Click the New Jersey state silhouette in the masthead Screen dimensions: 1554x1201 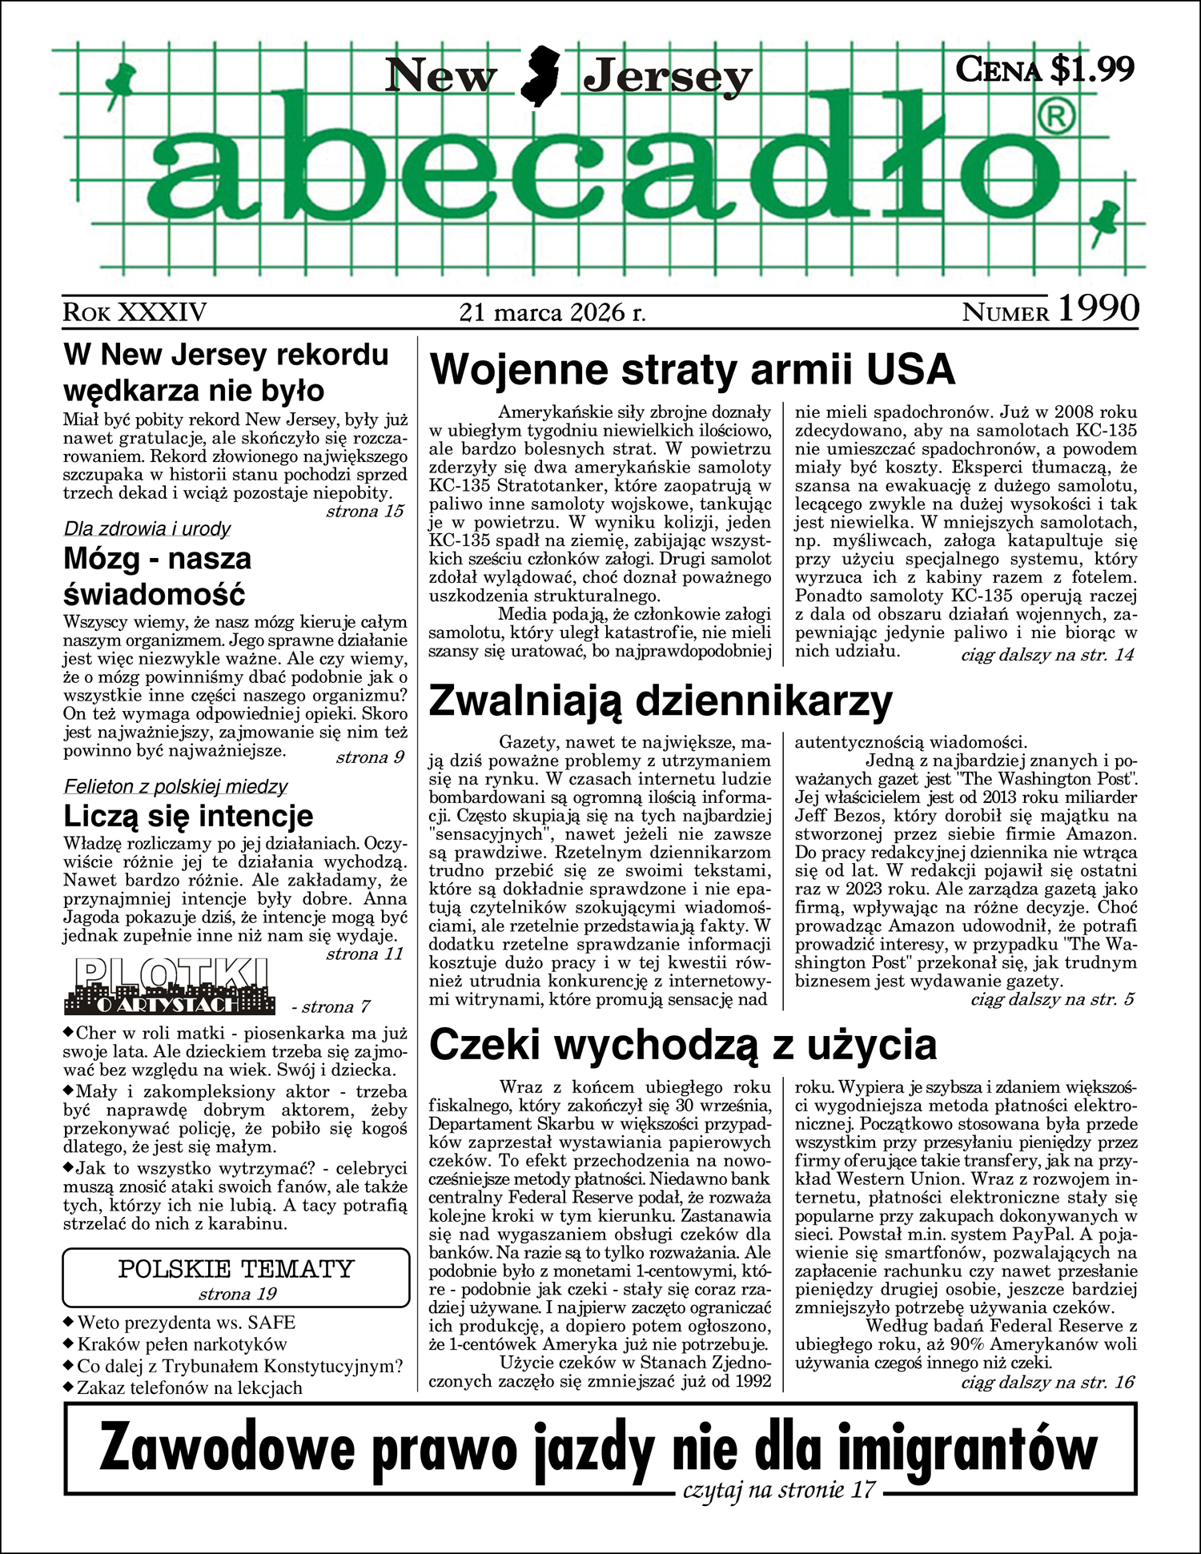point(540,76)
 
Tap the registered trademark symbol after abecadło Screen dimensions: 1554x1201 point(1055,118)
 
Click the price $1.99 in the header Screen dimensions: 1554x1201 point(1091,69)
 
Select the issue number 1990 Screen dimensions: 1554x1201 point(1099,309)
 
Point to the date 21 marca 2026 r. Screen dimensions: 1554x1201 point(552,312)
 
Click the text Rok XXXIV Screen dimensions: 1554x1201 point(135,312)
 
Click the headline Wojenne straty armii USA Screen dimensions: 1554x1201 point(693,370)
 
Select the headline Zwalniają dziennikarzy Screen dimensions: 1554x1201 point(661,701)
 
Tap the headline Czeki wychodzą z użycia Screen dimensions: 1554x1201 point(683,1046)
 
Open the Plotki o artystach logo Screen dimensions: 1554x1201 point(170,986)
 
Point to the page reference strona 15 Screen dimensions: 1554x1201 point(364,512)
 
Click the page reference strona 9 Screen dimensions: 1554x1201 point(370,757)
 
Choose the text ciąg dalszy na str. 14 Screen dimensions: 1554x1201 point(1047,655)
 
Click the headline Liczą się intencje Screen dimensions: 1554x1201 point(188,817)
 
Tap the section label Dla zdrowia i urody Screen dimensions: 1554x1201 point(147,529)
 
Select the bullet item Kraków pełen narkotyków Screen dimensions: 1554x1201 point(182,1344)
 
